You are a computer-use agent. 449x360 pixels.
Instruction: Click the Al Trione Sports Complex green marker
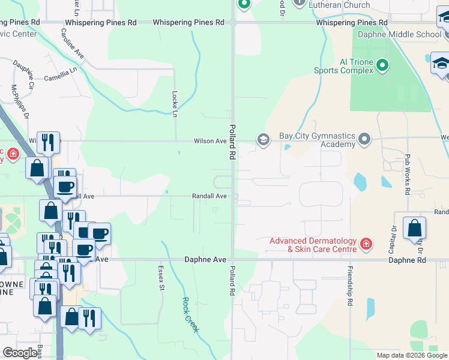(x=382, y=65)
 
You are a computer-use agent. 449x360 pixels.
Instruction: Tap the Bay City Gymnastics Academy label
(x=317, y=140)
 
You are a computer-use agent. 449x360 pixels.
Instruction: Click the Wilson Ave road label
(x=209, y=141)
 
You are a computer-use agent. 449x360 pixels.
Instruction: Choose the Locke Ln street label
(x=175, y=104)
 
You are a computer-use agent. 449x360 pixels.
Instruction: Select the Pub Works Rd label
(x=407, y=174)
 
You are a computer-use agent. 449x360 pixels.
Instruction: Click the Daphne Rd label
(x=406, y=260)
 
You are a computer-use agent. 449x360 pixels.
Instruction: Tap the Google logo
(x=20, y=353)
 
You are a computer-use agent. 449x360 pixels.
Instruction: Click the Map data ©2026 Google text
(x=411, y=355)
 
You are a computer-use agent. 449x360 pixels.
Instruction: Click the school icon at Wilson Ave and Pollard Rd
(x=263, y=140)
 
